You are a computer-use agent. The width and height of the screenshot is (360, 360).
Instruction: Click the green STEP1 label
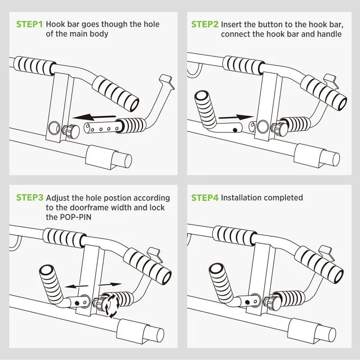tap(29, 24)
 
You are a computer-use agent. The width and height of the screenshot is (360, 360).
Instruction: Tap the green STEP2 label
tap(205, 24)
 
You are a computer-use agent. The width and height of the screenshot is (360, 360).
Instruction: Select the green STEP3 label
tap(30, 198)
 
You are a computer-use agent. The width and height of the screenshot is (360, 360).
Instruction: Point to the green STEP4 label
tap(205, 198)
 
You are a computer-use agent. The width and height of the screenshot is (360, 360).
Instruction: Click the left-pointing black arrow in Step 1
tap(94, 117)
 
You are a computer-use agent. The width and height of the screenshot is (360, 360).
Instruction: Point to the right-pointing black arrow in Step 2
tap(236, 117)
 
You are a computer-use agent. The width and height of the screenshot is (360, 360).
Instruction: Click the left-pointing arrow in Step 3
tap(76, 286)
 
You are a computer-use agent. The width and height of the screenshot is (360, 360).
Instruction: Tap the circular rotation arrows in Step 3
tap(111, 305)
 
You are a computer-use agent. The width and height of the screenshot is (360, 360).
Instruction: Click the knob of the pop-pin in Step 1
tap(73, 131)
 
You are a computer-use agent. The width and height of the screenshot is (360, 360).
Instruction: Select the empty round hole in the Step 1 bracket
tap(54, 128)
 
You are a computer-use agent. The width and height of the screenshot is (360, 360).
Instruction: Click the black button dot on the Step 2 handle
tap(235, 130)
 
